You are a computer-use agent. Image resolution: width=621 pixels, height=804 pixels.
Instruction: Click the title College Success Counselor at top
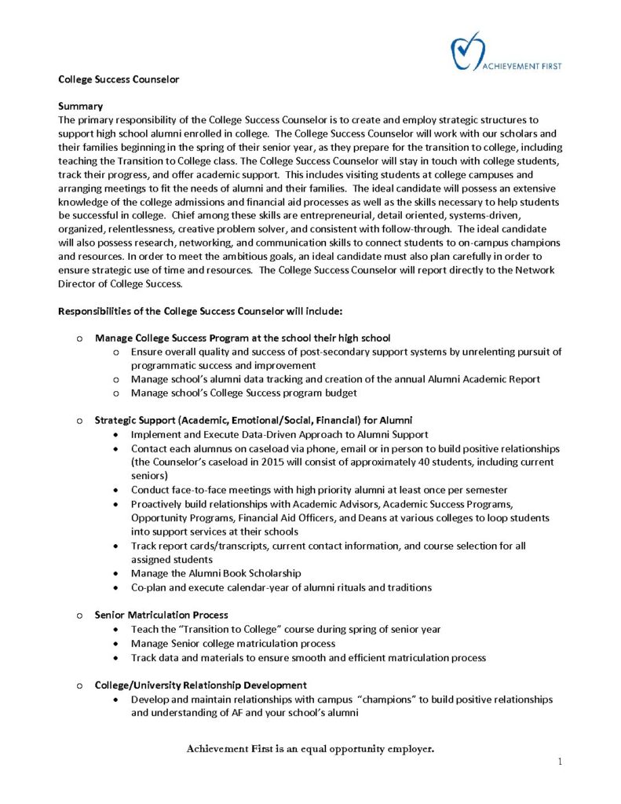pyautogui.click(x=119, y=79)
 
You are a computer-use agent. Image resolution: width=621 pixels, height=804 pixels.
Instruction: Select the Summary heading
pyautogui.click(x=81, y=105)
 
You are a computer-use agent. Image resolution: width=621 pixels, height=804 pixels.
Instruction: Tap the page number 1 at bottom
pyautogui.click(x=561, y=761)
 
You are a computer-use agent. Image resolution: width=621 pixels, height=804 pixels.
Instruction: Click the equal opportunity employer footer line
pyautogui.click(x=310, y=749)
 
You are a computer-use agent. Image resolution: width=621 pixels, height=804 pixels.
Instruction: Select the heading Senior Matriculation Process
pyautogui.click(x=161, y=615)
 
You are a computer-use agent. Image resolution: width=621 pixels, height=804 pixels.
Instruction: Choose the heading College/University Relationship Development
pyautogui.click(x=200, y=685)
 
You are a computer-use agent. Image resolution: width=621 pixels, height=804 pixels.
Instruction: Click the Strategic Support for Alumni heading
pyautogui.click(x=254, y=421)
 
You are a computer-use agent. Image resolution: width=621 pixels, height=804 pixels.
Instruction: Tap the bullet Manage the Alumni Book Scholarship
pyautogui.click(x=216, y=573)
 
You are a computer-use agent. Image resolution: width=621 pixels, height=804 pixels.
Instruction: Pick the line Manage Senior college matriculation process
pyautogui.click(x=233, y=643)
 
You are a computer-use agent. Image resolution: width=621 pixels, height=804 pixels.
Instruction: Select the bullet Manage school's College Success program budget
pyautogui.click(x=243, y=393)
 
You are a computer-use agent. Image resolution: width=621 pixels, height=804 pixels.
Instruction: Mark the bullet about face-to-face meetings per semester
pyautogui.click(x=319, y=490)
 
